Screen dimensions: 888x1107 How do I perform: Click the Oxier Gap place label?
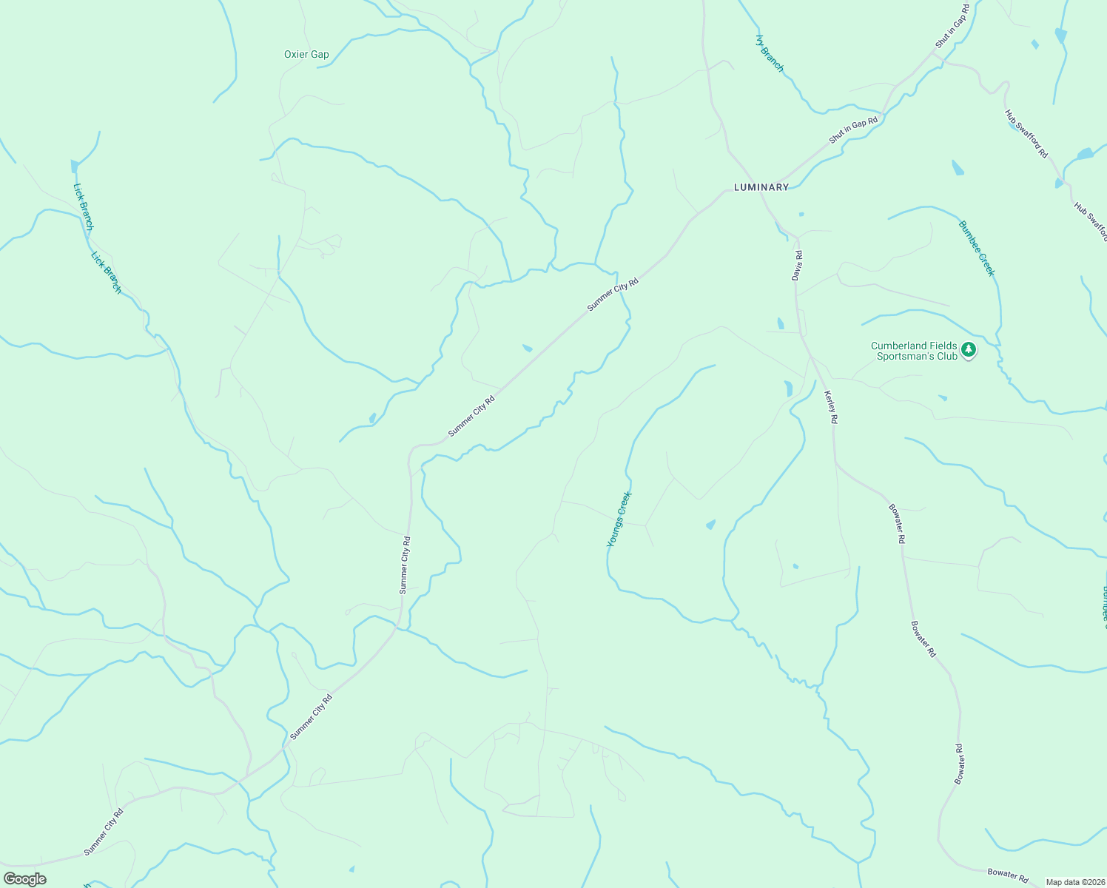tap(306, 54)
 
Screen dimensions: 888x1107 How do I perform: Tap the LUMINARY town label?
tap(761, 187)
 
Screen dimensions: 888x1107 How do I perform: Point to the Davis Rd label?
tap(797, 265)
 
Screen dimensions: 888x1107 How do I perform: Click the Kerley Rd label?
tap(831, 407)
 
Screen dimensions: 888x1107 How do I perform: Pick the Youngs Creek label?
tap(618, 519)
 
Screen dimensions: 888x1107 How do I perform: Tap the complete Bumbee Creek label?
tap(977, 249)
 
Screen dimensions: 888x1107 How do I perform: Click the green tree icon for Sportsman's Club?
tap(969, 349)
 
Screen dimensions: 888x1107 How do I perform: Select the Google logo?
tap(24, 879)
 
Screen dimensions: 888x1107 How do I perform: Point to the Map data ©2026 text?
tap(1074, 882)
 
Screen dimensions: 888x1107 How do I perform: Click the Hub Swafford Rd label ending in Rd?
tap(1026, 133)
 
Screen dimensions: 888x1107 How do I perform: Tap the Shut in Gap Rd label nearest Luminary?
tap(853, 131)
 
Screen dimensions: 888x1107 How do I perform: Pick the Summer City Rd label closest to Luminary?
tap(613, 294)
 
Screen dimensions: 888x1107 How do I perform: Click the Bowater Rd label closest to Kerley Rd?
tap(897, 523)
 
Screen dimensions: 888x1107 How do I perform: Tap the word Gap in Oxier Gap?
tap(320, 54)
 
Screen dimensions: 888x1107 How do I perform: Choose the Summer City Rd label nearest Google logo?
tap(104, 832)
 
